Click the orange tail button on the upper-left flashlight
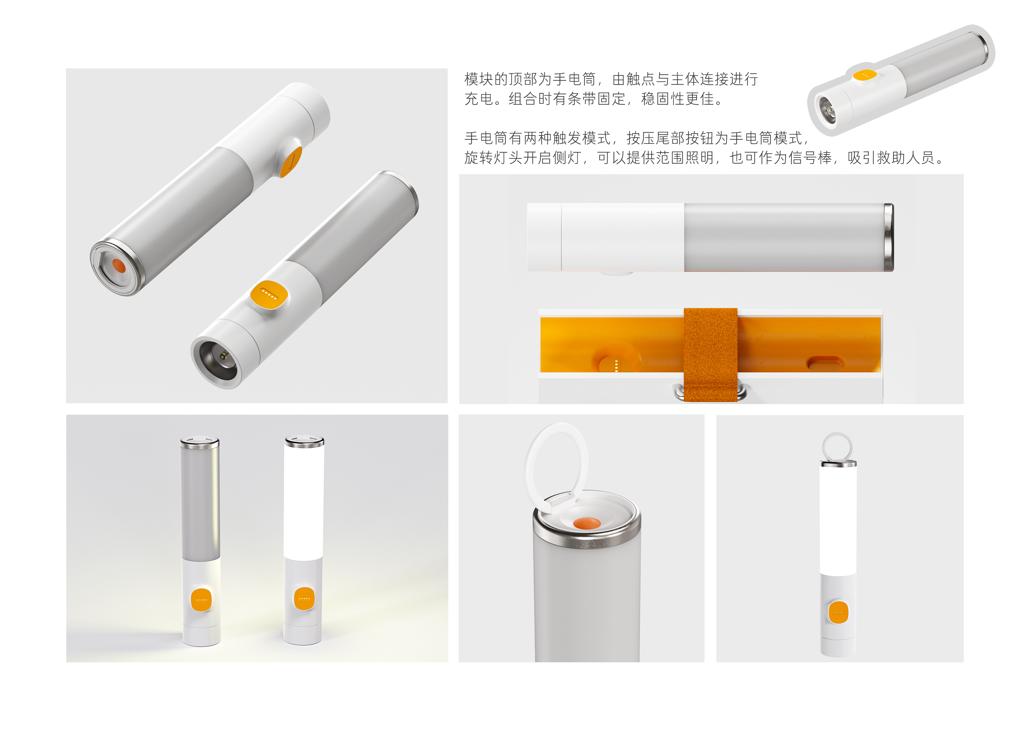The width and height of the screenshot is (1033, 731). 119,266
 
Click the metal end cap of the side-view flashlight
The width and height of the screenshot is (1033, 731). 889,237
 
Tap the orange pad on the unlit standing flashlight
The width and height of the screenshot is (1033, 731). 201,600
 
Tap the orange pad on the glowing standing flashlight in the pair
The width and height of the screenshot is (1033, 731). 304,598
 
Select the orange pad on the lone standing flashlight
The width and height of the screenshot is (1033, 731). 838,612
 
